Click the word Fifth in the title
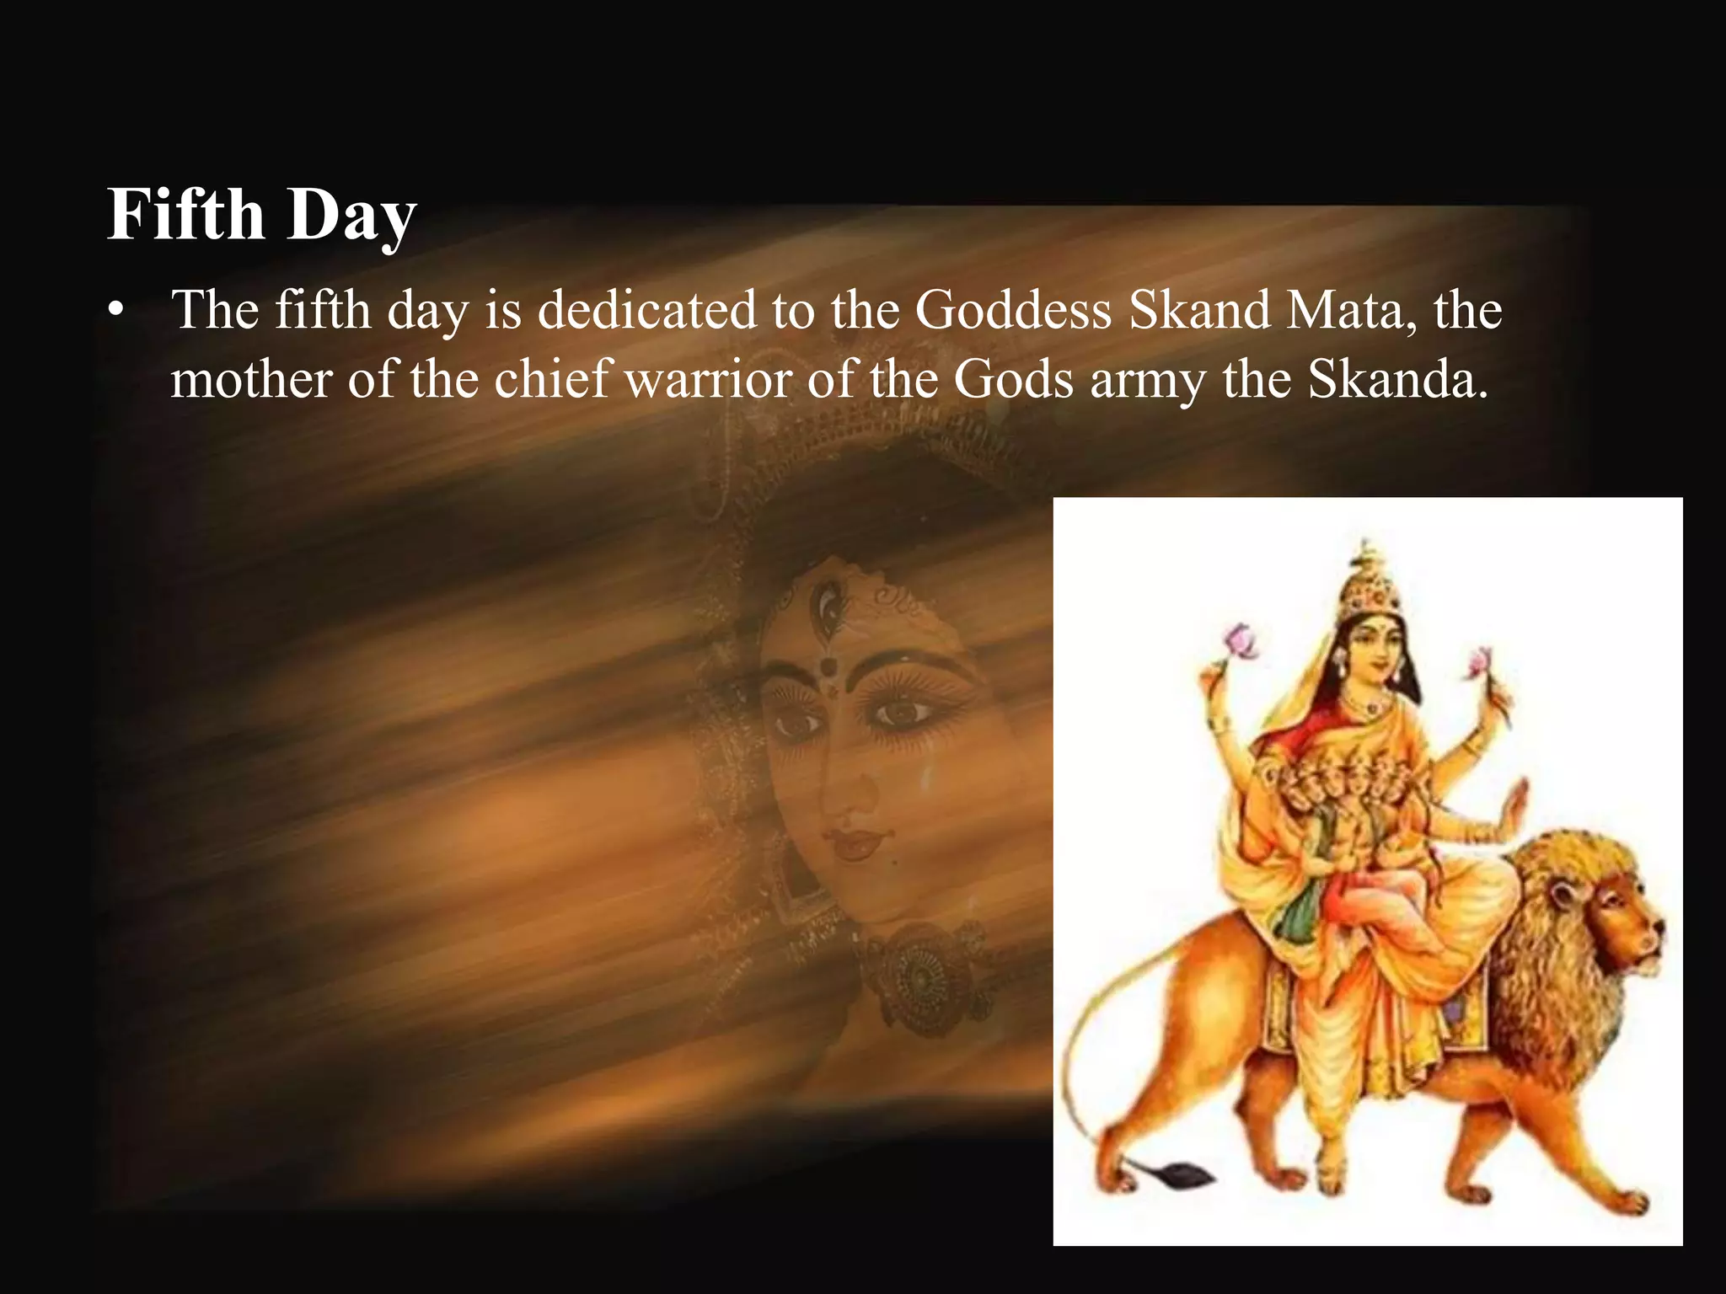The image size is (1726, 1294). (x=186, y=214)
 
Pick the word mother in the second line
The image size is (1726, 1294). (x=250, y=380)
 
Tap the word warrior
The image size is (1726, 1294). (x=708, y=380)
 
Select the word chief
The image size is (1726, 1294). (x=551, y=380)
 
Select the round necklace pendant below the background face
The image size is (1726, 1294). (x=920, y=978)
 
